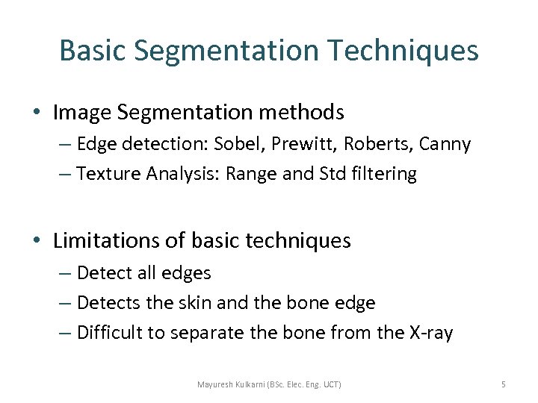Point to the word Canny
[x=445, y=144]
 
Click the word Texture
[x=108, y=174]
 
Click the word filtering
[x=385, y=174]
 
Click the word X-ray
[x=430, y=333]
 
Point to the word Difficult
[x=109, y=333]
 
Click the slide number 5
[x=503, y=384]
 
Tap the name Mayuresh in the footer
[x=217, y=384]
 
